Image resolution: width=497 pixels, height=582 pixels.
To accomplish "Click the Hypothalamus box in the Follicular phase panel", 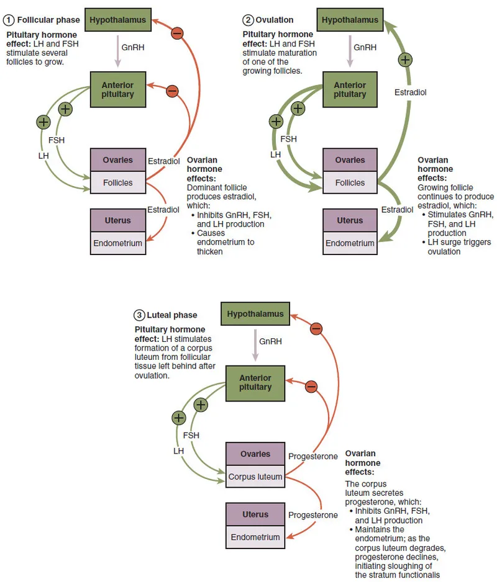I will [x=118, y=20].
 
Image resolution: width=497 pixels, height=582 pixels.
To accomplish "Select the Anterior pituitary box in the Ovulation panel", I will [x=350, y=89].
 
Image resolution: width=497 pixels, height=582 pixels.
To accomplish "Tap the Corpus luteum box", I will [x=255, y=477].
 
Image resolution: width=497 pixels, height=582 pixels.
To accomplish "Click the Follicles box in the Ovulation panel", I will [x=350, y=183].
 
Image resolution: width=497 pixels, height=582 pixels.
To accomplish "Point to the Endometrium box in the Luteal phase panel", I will [x=255, y=537].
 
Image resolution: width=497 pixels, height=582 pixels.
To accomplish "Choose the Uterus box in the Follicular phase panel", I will [x=118, y=220].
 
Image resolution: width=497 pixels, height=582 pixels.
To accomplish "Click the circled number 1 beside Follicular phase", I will [x=9, y=20].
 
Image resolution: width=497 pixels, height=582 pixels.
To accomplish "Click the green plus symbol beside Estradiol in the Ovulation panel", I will [x=405, y=60].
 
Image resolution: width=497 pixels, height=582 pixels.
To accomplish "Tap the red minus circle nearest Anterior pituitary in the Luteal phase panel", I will [x=311, y=387].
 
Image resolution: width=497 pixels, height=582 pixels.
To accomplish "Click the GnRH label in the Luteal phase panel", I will [x=270, y=341].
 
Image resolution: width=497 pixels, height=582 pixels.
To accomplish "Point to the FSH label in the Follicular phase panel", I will [x=57, y=140].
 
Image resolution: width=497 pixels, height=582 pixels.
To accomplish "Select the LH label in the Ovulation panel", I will [x=275, y=154].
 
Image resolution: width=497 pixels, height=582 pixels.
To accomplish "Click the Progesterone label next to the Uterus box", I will [x=313, y=515].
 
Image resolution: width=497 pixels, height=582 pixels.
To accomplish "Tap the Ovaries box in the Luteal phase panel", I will [x=255, y=454].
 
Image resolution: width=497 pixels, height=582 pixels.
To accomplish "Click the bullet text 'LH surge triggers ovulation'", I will [x=450, y=247].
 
